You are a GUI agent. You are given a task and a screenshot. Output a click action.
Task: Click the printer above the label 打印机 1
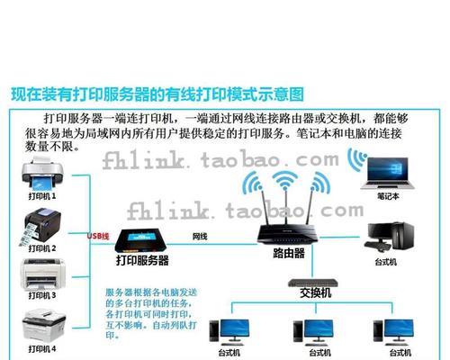(x=42, y=174)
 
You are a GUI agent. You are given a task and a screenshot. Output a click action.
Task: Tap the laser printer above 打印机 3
(x=42, y=274)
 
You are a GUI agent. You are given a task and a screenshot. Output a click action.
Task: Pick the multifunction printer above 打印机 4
(x=44, y=327)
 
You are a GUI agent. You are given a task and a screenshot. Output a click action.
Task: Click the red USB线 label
(x=98, y=236)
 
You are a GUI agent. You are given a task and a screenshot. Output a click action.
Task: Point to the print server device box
(x=141, y=240)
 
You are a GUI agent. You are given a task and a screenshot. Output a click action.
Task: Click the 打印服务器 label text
(x=142, y=260)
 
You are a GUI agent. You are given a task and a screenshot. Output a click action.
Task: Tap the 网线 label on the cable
(x=200, y=237)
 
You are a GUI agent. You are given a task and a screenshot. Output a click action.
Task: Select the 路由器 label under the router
(x=289, y=253)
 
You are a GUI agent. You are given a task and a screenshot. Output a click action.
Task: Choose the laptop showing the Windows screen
(x=388, y=173)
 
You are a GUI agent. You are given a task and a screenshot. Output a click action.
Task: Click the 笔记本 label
(x=388, y=196)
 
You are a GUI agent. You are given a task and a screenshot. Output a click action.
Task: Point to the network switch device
(x=313, y=283)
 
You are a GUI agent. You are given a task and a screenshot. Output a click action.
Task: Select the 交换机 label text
(x=316, y=293)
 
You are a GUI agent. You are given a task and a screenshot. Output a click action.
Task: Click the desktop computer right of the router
(x=389, y=237)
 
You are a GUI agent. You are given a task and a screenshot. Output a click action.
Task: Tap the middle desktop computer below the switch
(x=313, y=331)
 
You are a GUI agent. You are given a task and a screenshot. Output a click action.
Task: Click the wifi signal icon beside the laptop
(x=357, y=158)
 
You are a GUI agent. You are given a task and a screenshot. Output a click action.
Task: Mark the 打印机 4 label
(x=42, y=349)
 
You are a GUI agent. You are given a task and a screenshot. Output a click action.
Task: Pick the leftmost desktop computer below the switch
(x=229, y=331)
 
